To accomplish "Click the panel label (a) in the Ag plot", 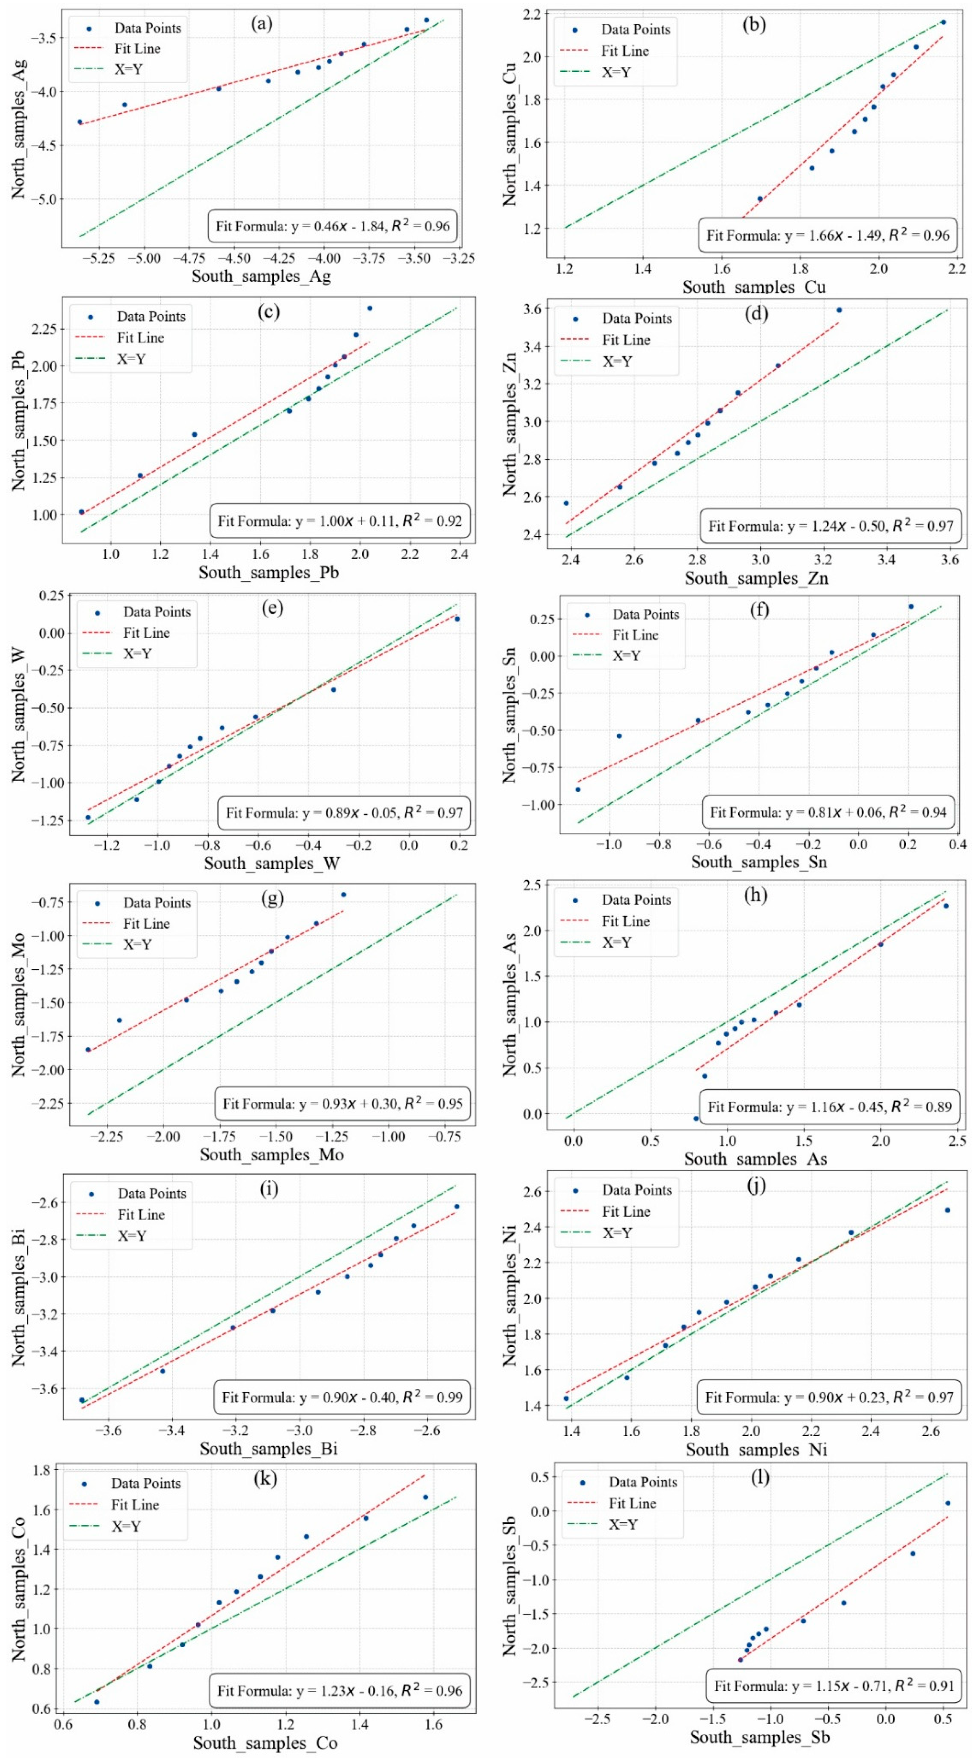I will click(x=262, y=24).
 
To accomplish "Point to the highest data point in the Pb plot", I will click(x=370, y=308).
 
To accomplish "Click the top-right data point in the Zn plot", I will click(x=839, y=310).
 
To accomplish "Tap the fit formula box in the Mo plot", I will click(x=342, y=1104).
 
